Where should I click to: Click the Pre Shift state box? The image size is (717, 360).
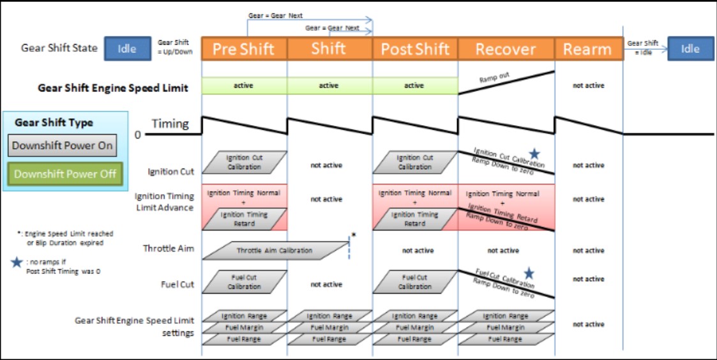click(244, 49)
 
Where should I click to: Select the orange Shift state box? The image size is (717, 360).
click(329, 49)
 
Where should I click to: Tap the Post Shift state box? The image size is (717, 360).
click(415, 49)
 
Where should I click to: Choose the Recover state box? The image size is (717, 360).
click(506, 49)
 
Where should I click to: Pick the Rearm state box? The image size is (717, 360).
click(587, 49)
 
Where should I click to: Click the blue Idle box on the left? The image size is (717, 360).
click(127, 49)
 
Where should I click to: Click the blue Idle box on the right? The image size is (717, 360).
click(690, 49)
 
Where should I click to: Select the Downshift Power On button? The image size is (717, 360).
click(63, 145)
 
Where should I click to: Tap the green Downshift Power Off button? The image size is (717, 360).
click(65, 174)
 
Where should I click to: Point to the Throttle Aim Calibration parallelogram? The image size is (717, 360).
click(275, 250)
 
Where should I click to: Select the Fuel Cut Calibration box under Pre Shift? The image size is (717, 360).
click(245, 282)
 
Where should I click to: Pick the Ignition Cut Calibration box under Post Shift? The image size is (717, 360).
click(415, 162)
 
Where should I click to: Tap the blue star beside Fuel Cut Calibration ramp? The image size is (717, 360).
click(529, 274)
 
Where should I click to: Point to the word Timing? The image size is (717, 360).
click(170, 124)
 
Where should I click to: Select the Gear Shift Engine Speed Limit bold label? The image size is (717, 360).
click(113, 88)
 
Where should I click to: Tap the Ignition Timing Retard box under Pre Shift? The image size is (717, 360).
click(245, 219)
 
